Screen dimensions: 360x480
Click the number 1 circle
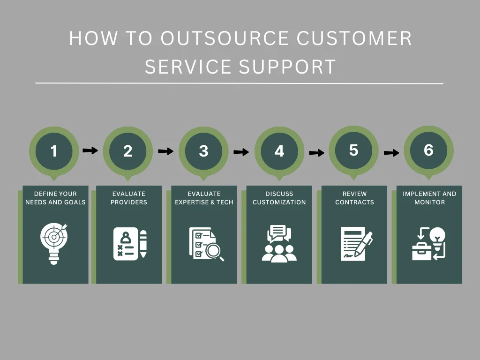(x=54, y=151)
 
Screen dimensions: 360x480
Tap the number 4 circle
(x=279, y=151)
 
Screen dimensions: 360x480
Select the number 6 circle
(x=428, y=150)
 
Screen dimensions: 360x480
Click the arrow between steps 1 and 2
(x=90, y=150)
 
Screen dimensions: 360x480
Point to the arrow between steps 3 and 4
(x=241, y=152)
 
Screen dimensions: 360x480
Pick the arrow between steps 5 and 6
(x=391, y=152)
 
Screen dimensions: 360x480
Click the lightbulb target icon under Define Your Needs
(x=54, y=242)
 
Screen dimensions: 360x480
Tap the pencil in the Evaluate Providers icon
(x=143, y=243)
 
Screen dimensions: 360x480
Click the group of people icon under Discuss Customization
(x=279, y=252)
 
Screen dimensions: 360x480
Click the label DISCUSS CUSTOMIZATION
(x=279, y=198)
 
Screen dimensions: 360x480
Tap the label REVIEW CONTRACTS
(x=354, y=198)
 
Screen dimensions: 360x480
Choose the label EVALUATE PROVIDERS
(x=129, y=198)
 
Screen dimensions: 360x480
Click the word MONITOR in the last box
(x=429, y=202)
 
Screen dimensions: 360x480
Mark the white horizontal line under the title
(x=239, y=83)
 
